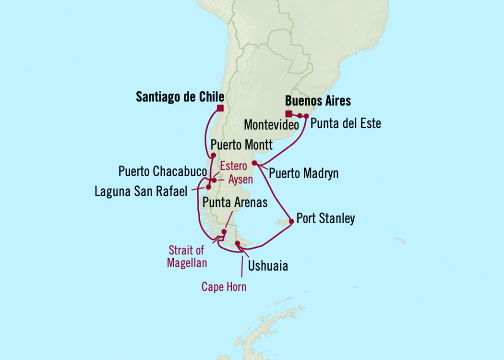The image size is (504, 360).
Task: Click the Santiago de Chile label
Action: [x=180, y=97]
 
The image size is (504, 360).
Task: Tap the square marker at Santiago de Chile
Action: [x=220, y=108]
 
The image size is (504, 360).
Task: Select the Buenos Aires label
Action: [x=318, y=101]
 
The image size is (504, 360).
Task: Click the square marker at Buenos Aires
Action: [x=288, y=114]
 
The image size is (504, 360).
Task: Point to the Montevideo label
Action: [x=272, y=125]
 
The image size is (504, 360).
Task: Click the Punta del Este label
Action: [x=346, y=123]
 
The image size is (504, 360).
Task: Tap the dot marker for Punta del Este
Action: [x=306, y=116]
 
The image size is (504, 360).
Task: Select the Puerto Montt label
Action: [x=241, y=145]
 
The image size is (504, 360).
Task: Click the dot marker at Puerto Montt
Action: [x=213, y=155]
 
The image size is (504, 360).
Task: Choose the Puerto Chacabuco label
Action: [x=163, y=171]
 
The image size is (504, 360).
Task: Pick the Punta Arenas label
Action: [x=235, y=203]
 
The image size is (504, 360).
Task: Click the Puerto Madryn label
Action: [x=303, y=173]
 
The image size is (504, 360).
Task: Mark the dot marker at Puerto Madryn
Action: [x=254, y=163]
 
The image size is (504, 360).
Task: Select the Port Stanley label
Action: [x=325, y=219]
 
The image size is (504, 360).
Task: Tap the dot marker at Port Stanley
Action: [x=291, y=221]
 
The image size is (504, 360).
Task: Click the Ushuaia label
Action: [x=268, y=265]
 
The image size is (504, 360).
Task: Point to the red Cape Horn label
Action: [x=224, y=287]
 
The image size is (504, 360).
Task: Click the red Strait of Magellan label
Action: [x=187, y=256]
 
